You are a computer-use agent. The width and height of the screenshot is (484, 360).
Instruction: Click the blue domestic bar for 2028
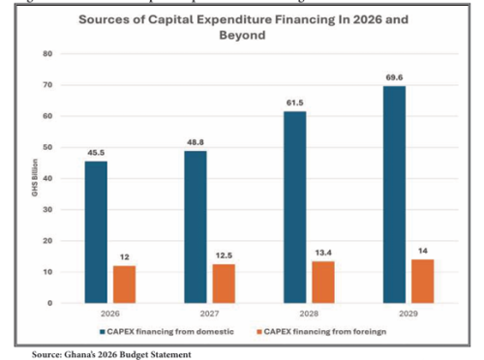pos(295,207)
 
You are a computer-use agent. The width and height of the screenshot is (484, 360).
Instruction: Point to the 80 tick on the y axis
pos(45,53)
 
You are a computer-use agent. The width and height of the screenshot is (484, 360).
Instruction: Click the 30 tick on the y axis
pos(45,209)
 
